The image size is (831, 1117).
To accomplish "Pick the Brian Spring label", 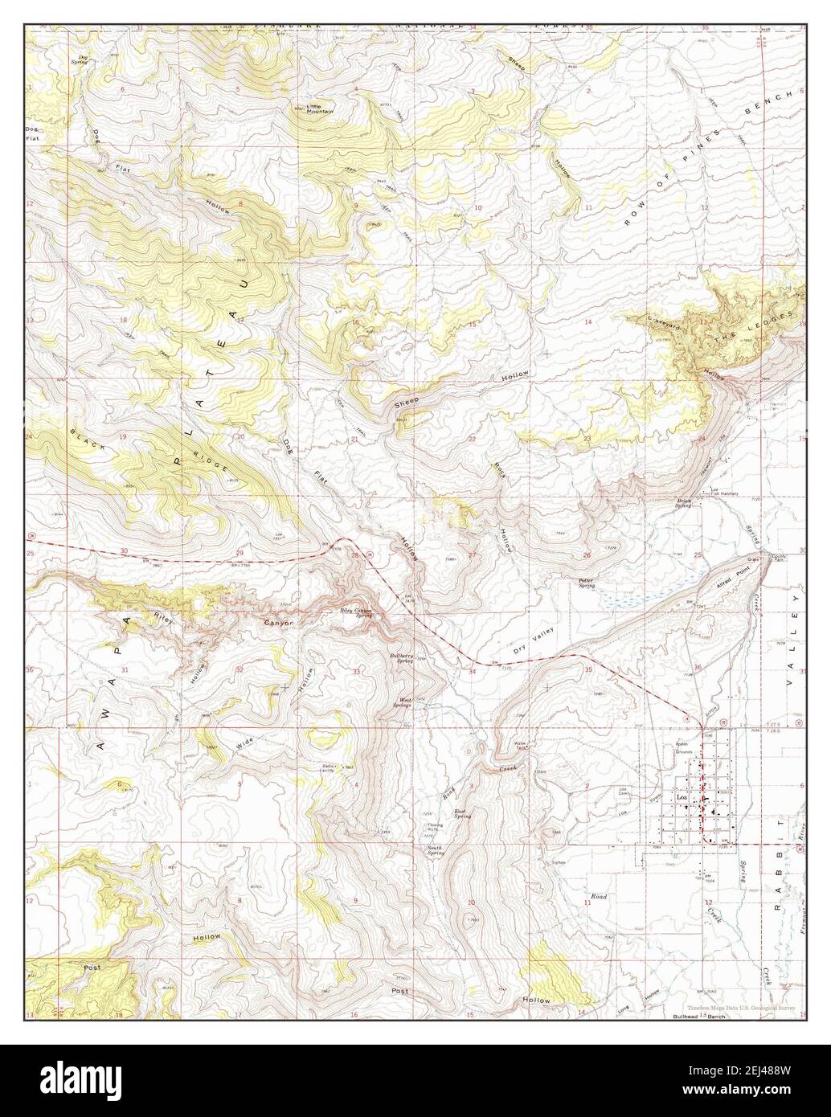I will point(683,503).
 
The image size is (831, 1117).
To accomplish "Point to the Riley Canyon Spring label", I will point(358,613).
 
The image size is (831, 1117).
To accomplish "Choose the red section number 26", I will point(586,555).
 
